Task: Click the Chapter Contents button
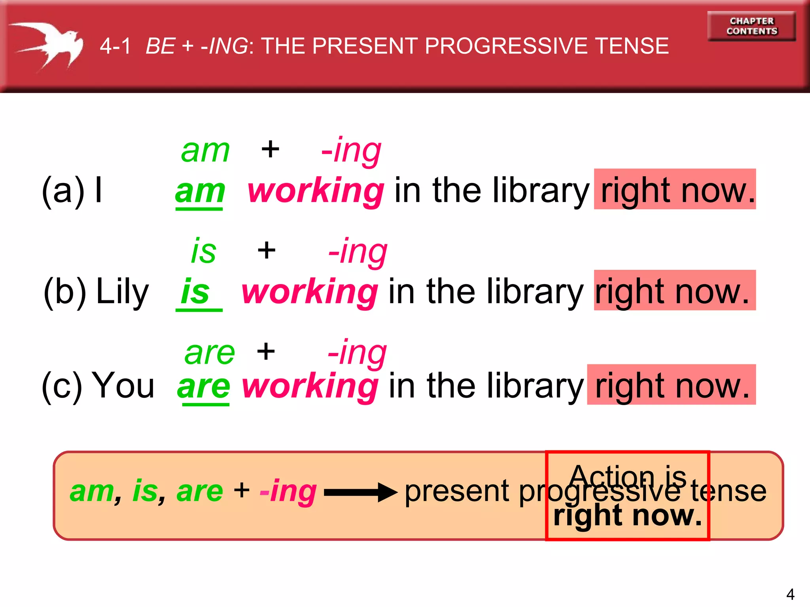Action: click(751, 26)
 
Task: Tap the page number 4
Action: click(790, 594)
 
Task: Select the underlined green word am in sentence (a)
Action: click(200, 192)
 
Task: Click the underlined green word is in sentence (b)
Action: click(195, 292)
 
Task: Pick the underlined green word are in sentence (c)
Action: click(204, 386)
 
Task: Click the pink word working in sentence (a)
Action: click(316, 191)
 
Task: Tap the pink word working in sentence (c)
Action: click(310, 386)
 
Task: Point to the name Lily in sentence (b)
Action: click(122, 292)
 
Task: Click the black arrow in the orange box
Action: click(360, 492)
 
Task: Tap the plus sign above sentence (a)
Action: click(271, 149)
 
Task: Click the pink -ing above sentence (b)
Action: click(358, 251)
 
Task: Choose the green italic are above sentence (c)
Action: click(210, 353)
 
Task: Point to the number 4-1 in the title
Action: click(115, 46)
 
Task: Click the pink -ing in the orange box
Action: click(288, 491)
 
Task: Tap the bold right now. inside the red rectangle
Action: click(627, 516)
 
